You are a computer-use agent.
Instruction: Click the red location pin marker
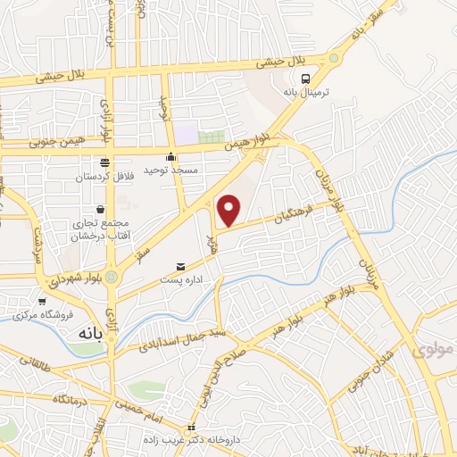[x=229, y=210]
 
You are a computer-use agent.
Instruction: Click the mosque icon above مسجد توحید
[x=184, y=157]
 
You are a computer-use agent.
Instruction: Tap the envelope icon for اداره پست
[x=181, y=266]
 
